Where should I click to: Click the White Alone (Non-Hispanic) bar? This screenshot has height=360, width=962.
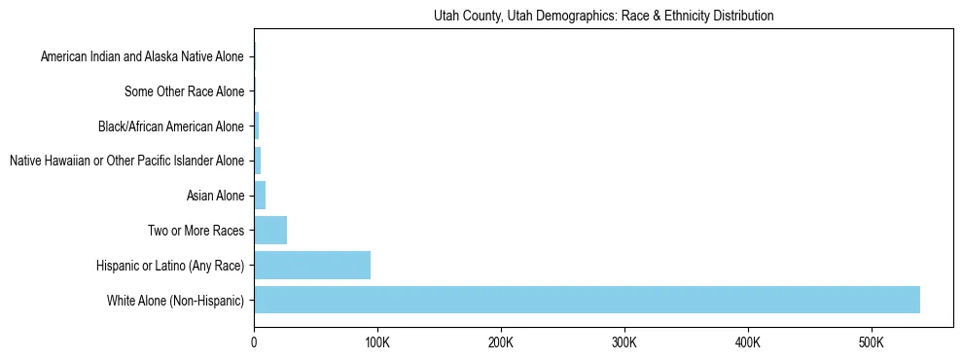click(x=587, y=300)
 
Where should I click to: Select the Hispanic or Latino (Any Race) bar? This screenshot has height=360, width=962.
click(x=312, y=266)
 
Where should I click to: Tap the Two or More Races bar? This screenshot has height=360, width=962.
click(x=270, y=231)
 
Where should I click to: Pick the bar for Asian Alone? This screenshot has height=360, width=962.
click(x=260, y=196)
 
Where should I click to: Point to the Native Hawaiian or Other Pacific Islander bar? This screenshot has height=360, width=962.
click(x=258, y=161)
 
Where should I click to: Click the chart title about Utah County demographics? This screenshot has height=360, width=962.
click(x=603, y=17)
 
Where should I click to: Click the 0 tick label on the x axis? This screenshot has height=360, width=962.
click(x=254, y=342)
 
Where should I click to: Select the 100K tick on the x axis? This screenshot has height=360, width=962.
click(x=377, y=342)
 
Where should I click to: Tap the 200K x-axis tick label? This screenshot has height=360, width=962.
click(x=501, y=342)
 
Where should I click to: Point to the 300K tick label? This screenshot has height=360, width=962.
click(x=624, y=342)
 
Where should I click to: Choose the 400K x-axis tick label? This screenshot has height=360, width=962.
click(x=748, y=342)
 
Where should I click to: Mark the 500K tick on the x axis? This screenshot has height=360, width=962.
click(x=872, y=342)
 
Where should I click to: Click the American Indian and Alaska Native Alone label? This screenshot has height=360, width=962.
click(x=143, y=56)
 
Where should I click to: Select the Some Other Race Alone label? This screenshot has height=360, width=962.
click(x=185, y=91)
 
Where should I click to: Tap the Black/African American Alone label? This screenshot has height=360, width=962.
click(x=171, y=126)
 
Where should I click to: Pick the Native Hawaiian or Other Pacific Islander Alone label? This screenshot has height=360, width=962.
click(x=127, y=161)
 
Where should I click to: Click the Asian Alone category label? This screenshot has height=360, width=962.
click(x=216, y=196)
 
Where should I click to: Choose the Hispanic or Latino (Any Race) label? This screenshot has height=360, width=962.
click(x=170, y=266)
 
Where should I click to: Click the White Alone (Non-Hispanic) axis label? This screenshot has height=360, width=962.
click(x=176, y=301)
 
